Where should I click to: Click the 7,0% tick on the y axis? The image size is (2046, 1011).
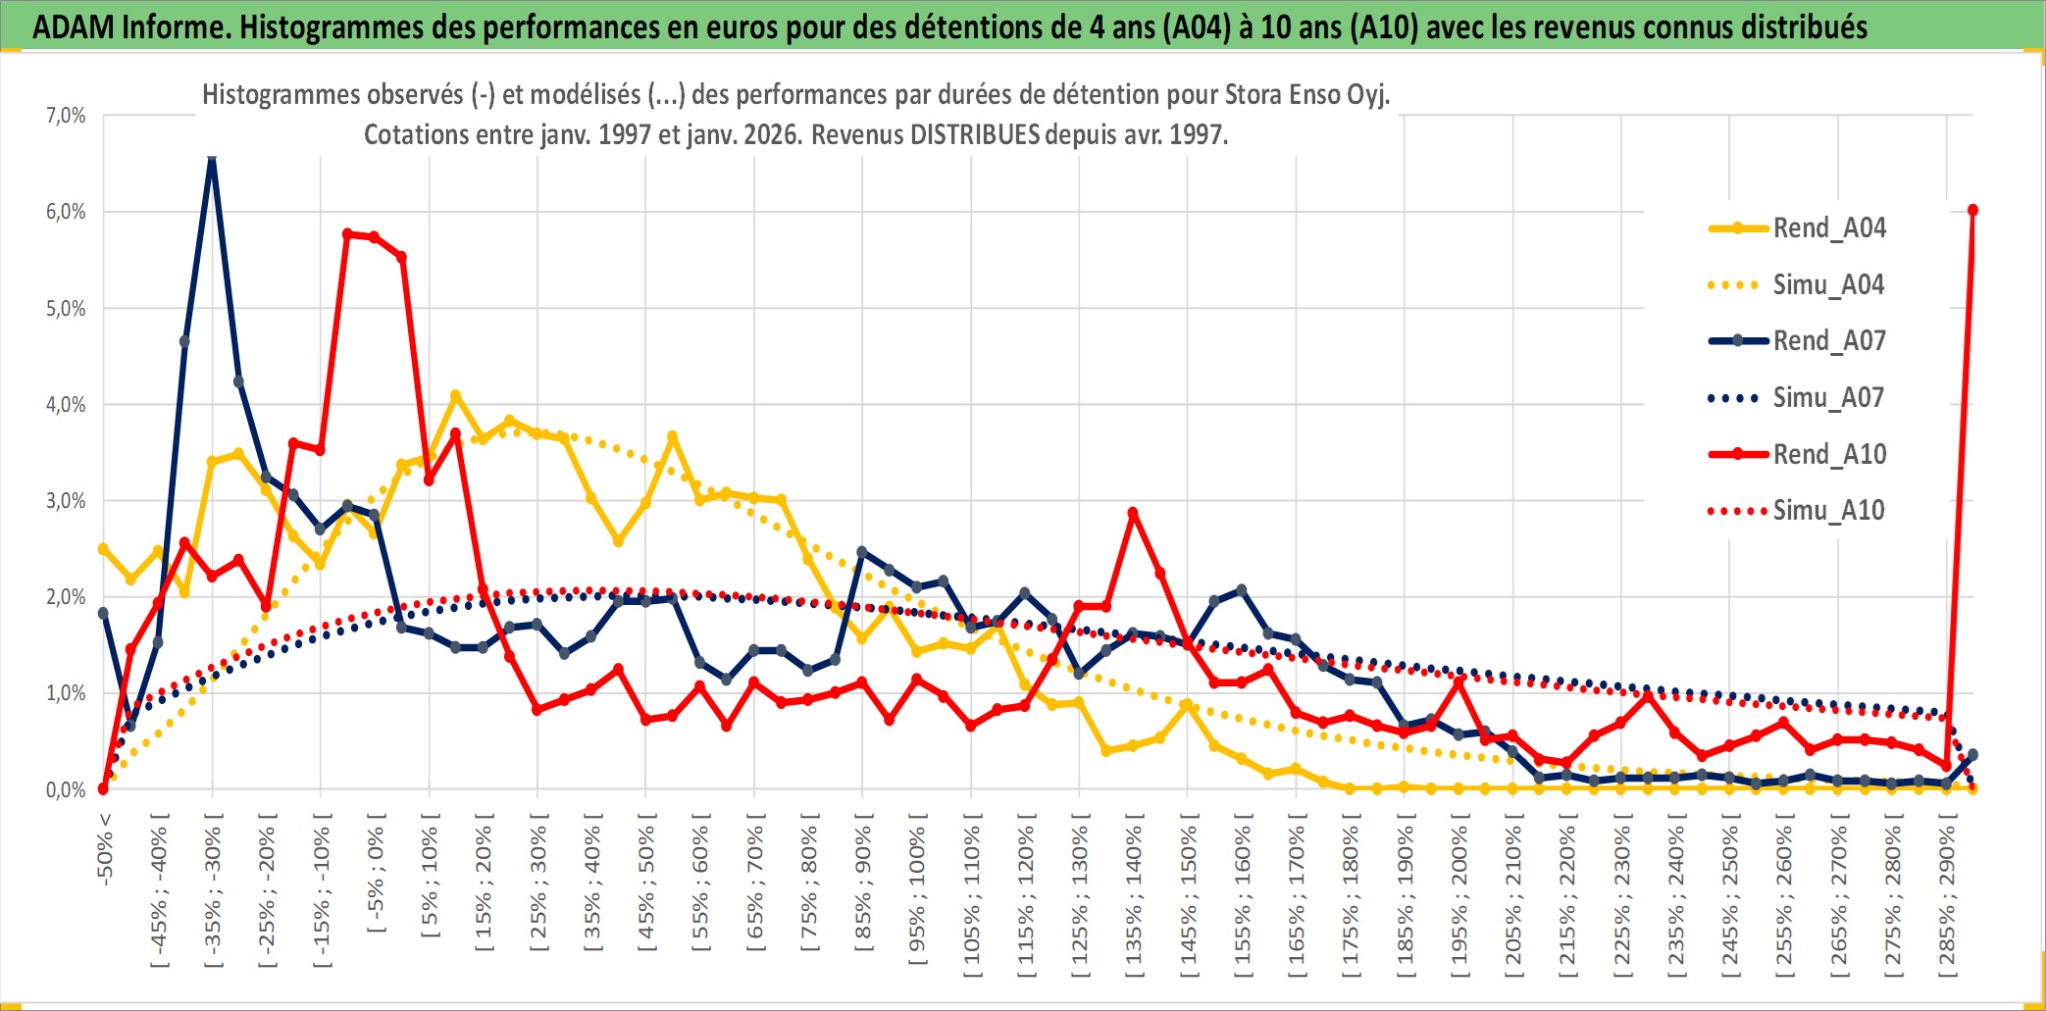point(66,116)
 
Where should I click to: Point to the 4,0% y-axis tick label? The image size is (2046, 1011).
point(66,404)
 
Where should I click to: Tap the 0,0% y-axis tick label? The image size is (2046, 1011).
point(66,789)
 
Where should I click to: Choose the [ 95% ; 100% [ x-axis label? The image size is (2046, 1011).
point(917,894)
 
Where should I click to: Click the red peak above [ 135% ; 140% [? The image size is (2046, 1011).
point(1133,513)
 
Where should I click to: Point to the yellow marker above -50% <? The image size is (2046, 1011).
point(103,549)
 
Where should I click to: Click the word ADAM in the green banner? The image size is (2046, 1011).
point(75,26)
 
